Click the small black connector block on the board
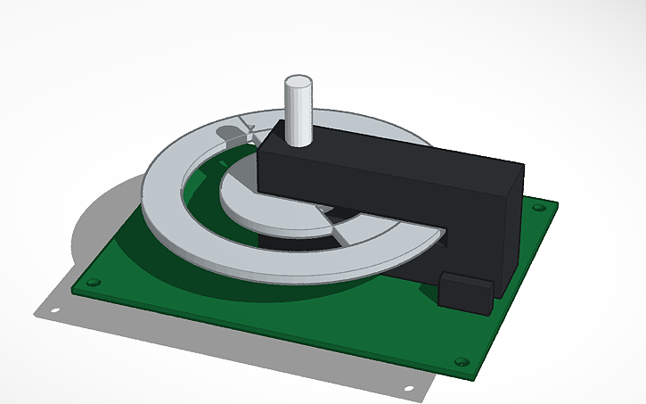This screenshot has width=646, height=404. pos(467,293)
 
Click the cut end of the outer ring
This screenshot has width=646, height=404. pos(426,240)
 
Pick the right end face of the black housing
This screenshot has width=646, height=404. pos(511,227)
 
